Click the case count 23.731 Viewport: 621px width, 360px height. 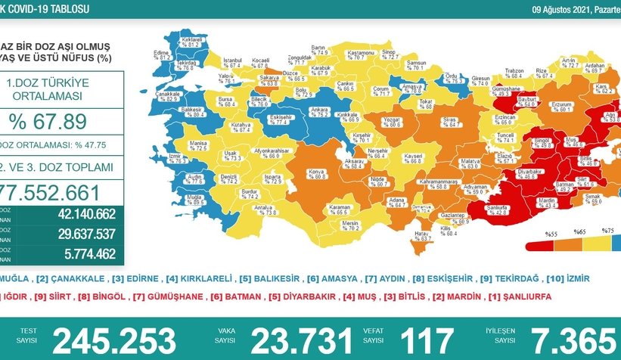(x=302, y=340)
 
